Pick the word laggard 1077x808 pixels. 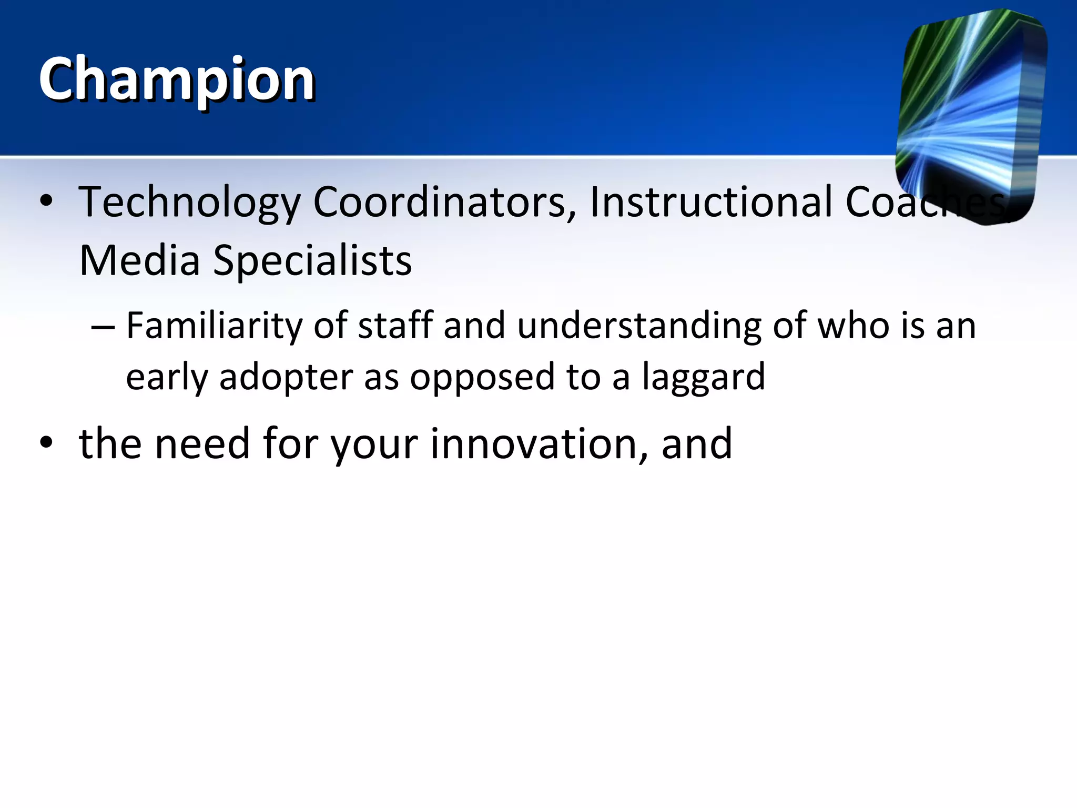pos(704,378)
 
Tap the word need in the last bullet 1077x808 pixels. pos(202,445)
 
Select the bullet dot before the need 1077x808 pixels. pos(46,443)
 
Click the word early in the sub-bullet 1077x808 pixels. pos(167,378)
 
